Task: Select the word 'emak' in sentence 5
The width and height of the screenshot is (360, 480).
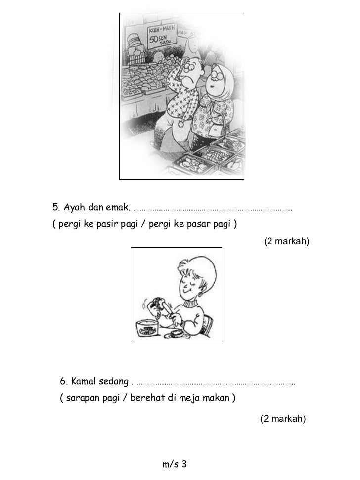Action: coord(119,206)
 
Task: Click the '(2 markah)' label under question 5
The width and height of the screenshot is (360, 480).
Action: coord(286,241)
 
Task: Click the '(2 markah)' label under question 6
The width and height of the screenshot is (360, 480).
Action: coord(283,419)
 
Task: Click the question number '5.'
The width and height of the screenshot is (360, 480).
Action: coord(56,206)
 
